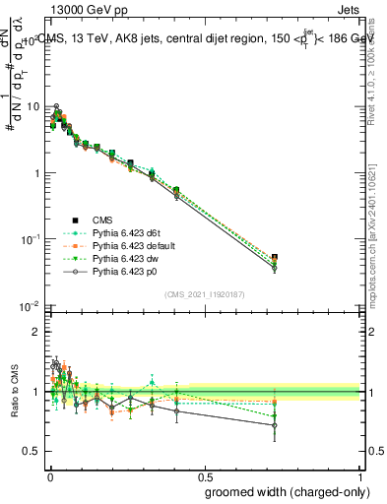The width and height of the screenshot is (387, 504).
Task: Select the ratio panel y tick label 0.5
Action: coord(32,451)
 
